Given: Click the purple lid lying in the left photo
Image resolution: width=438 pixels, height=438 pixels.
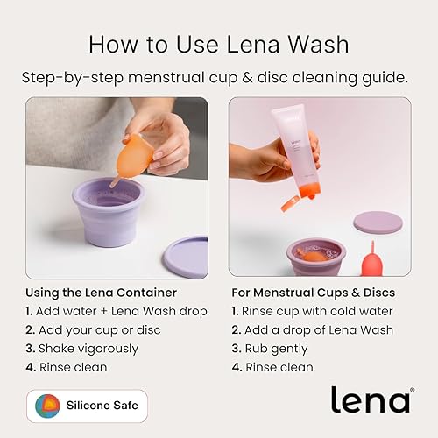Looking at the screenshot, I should coord(187,256).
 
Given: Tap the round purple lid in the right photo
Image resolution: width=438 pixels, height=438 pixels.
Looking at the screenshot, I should coord(378,221).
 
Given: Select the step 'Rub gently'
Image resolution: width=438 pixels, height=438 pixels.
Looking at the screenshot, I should coord(290,349).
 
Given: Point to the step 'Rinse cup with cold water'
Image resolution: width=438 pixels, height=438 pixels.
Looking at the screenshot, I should coord(314,311).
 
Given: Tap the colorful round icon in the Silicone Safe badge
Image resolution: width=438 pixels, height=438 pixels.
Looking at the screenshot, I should coord(47,406).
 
